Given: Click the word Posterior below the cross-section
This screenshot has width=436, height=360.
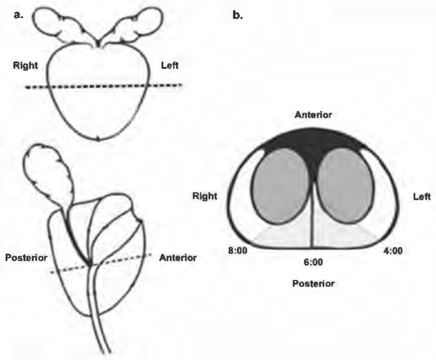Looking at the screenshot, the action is tap(313, 282).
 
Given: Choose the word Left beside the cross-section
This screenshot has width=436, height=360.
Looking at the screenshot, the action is tap(421, 197).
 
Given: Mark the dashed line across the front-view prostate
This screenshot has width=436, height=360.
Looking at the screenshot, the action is tap(102, 86).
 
